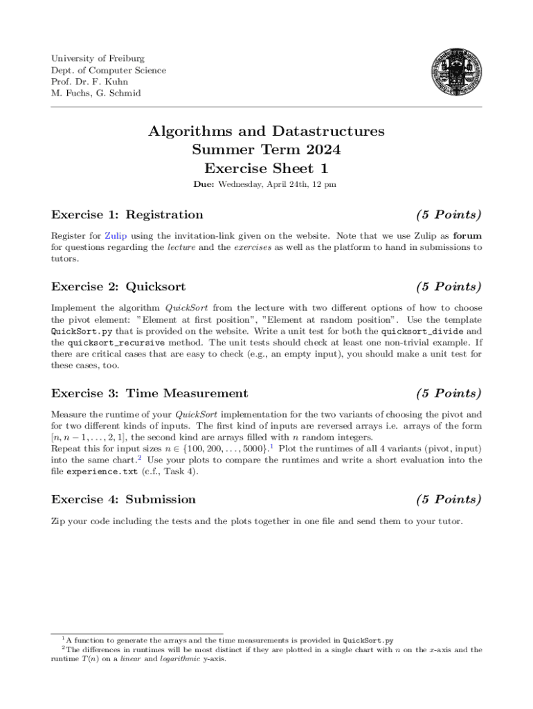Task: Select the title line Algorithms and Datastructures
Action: tap(266, 132)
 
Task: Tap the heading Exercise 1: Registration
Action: tap(127, 215)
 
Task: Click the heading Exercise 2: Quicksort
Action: tap(118, 287)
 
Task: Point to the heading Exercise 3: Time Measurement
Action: tap(150, 393)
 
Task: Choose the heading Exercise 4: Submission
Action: tap(124, 499)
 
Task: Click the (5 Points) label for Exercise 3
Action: tap(449, 393)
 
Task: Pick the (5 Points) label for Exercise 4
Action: tap(449, 499)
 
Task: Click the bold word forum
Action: tap(467, 235)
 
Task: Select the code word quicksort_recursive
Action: tap(116, 342)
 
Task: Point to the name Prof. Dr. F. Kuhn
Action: tap(89, 82)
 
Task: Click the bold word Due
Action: tap(206, 185)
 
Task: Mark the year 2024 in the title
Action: tap(320, 150)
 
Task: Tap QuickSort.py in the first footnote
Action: tap(368, 640)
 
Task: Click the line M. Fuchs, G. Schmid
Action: tap(96, 93)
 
